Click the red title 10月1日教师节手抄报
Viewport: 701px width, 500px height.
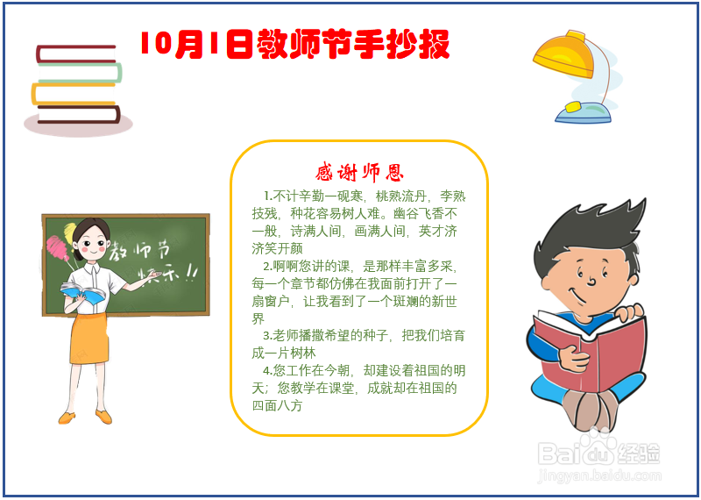click(294, 44)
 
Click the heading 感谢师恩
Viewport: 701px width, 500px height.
click(359, 171)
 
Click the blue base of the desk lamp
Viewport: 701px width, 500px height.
click(583, 111)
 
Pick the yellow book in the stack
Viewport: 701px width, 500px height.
click(74, 93)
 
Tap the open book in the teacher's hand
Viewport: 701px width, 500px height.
click(83, 291)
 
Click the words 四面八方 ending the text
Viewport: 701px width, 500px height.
click(277, 406)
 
